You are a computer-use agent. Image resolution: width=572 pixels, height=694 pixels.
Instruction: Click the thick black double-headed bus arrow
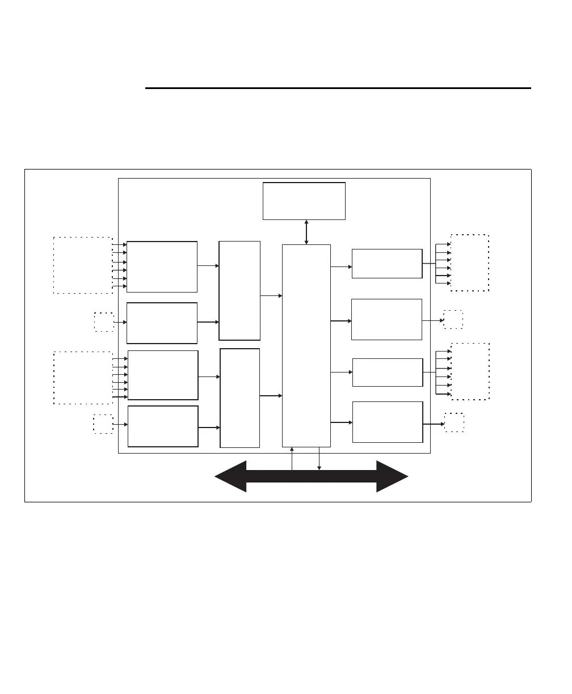tap(311, 476)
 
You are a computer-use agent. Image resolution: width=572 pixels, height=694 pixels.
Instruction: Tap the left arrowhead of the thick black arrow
tap(230, 476)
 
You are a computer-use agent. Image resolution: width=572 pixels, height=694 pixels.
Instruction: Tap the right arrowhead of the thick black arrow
tap(392, 476)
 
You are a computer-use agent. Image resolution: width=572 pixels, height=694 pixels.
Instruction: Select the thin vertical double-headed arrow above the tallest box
tap(306, 232)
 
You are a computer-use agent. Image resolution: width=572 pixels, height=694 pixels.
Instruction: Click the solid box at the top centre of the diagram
tap(304, 201)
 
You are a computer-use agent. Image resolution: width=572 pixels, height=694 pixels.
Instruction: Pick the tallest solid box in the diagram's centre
tap(306, 346)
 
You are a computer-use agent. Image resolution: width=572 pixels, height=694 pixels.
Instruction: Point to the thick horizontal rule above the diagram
tap(338, 88)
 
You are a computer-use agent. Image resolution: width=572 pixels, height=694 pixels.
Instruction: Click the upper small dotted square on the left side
tap(104, 321)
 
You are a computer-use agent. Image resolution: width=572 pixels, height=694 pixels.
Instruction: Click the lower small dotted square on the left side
tap(103, 424)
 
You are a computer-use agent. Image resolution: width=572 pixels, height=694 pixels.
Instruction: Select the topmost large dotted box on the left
tap(83, 265)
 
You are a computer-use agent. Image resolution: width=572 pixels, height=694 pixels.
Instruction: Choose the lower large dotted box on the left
tap(83, 377)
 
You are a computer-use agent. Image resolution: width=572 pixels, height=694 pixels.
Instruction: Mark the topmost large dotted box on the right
tap(469, 263)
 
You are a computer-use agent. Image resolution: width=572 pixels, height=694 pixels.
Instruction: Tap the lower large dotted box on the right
tap(469, 371)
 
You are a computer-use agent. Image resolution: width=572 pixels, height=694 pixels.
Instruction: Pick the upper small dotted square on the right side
tap(453, 319)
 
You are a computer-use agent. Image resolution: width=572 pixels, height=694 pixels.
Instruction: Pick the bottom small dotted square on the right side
tap(454, 422)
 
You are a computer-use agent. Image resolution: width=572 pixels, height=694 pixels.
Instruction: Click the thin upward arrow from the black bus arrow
tap(292, 458)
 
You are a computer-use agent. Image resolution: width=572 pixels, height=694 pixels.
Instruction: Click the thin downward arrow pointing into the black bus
tap(319, 459)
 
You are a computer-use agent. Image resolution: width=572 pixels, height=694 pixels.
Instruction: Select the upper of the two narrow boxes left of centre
tap(239, 290)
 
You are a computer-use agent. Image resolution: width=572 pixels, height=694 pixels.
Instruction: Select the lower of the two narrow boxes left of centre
tap(239, 397)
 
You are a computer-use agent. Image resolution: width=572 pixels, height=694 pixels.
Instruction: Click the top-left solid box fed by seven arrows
tap(162, 266)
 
